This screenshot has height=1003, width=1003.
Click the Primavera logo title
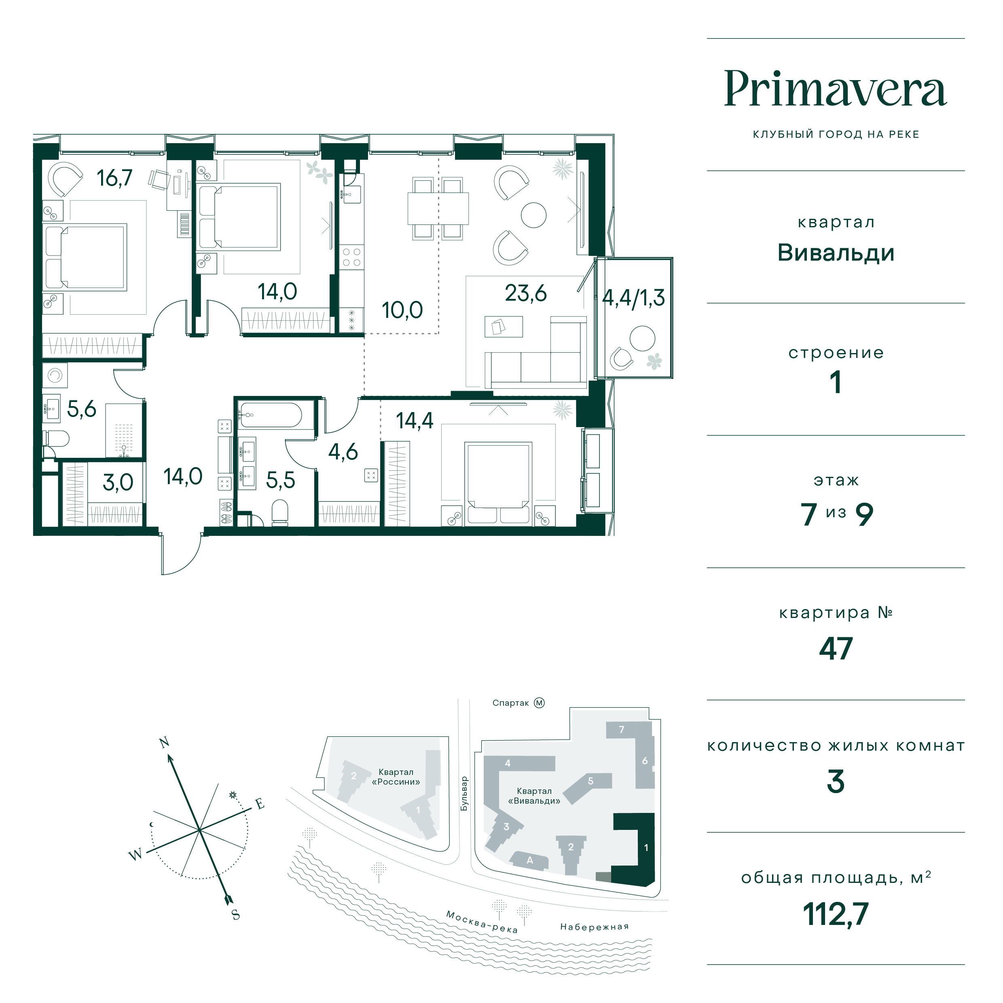tap(835, 89)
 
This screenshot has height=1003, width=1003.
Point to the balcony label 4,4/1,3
tap(633, 298)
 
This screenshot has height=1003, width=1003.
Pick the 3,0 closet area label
tap(118, 482)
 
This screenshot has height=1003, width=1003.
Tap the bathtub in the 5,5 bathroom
tap(270, 415)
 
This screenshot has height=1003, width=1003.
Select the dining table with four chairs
tap(438, 208)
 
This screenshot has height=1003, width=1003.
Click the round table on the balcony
tap(642, 338)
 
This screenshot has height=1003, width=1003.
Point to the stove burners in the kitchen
tap(351, 257)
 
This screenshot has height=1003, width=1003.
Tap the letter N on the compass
tap(164, 743)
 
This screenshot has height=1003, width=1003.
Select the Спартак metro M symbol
tap(540, 703)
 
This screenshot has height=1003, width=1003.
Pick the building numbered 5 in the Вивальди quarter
tap(587, 785)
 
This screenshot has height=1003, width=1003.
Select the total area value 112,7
tap(835, 914)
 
